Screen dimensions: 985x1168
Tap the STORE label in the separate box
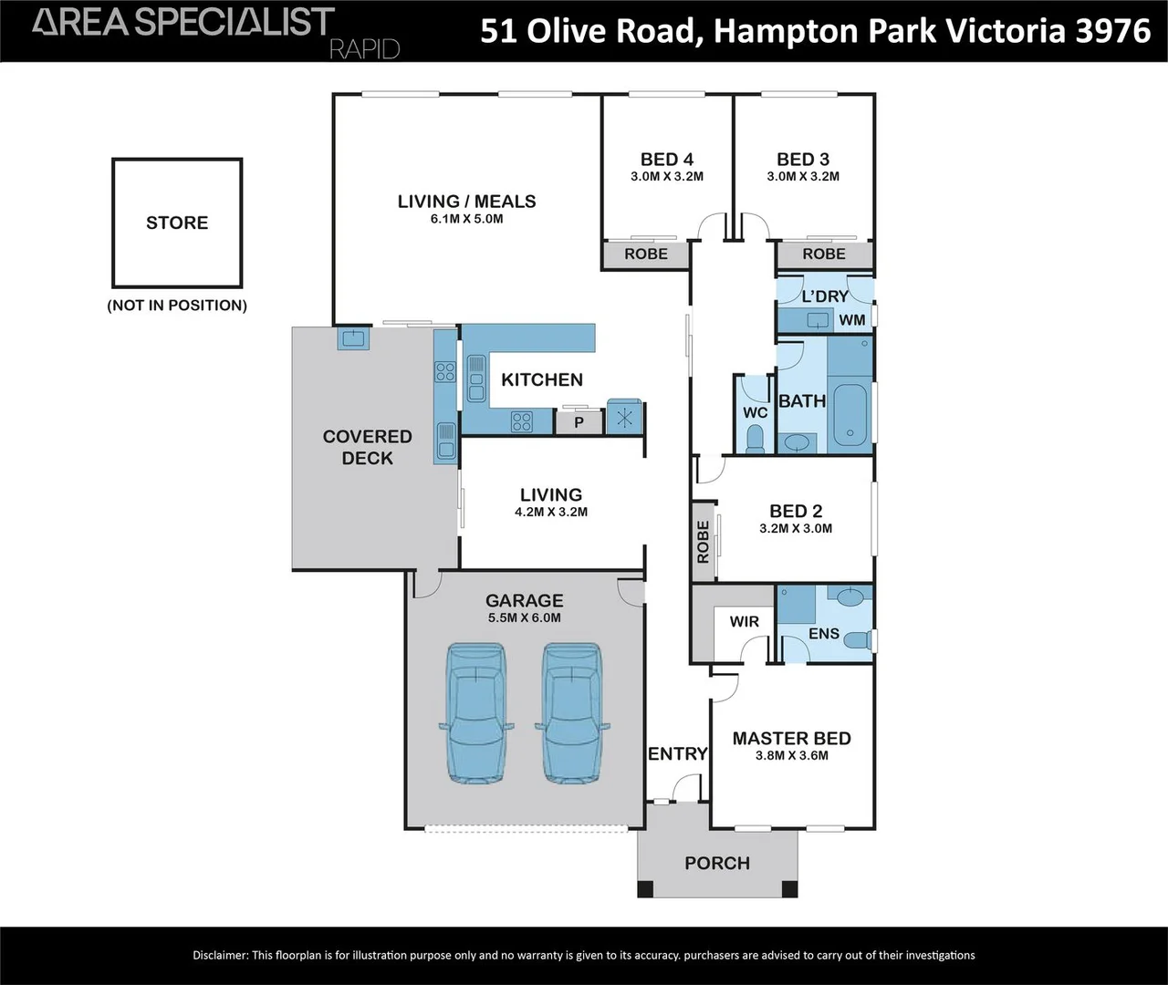[177, 223]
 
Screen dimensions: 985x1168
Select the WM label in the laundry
[851, 320]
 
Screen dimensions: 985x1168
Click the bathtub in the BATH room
[850, 415]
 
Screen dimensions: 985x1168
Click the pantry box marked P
[579, 422]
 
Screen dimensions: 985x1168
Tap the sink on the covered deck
[352, 339]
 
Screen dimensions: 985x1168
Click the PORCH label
[717, 863]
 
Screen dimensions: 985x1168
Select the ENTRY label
[677, 753]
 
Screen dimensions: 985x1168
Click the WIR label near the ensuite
[744, 622]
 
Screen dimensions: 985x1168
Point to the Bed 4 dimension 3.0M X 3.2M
[666, 177]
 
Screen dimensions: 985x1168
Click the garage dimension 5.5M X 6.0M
[524, 617]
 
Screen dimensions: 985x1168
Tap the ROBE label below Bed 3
[824, 254]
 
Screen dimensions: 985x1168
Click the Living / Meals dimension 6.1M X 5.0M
[466, 219]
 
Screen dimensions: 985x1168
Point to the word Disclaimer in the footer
[220, 955]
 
